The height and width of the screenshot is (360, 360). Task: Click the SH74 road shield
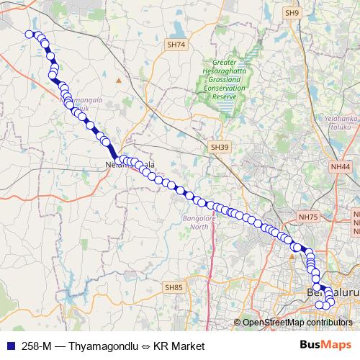click(176, 45)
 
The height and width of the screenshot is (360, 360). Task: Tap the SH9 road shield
click(291, 12)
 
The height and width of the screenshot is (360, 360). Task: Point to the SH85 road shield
click(174, 287)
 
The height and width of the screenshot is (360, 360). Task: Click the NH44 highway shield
click(340, 166)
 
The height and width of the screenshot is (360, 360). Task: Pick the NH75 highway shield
click(307, 216)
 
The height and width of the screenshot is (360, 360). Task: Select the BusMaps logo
click(325, 345)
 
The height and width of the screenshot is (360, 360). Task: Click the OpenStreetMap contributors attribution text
click(297, 323)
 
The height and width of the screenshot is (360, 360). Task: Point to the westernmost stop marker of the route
click(29, 34)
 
